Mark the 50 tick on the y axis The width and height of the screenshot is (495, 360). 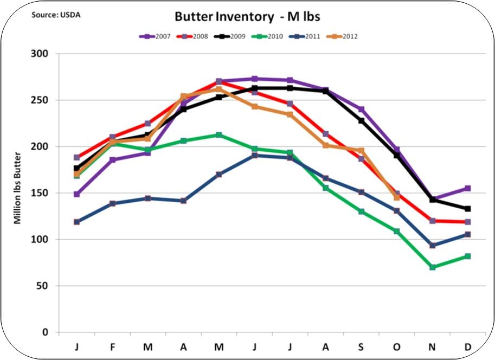coord(41,286)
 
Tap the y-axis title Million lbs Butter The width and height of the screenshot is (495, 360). coord(18,193)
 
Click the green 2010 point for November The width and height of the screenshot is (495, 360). coord(432,267)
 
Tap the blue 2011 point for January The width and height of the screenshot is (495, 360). coord(77,222)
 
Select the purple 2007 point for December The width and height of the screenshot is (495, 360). coord(467,188)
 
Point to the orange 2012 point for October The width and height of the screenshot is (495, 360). coord(397,197)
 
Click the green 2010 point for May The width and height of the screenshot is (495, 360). coord(218,135)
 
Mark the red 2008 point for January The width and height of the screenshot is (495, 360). coord(77,157)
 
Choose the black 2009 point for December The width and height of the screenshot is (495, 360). coord(467,209)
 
